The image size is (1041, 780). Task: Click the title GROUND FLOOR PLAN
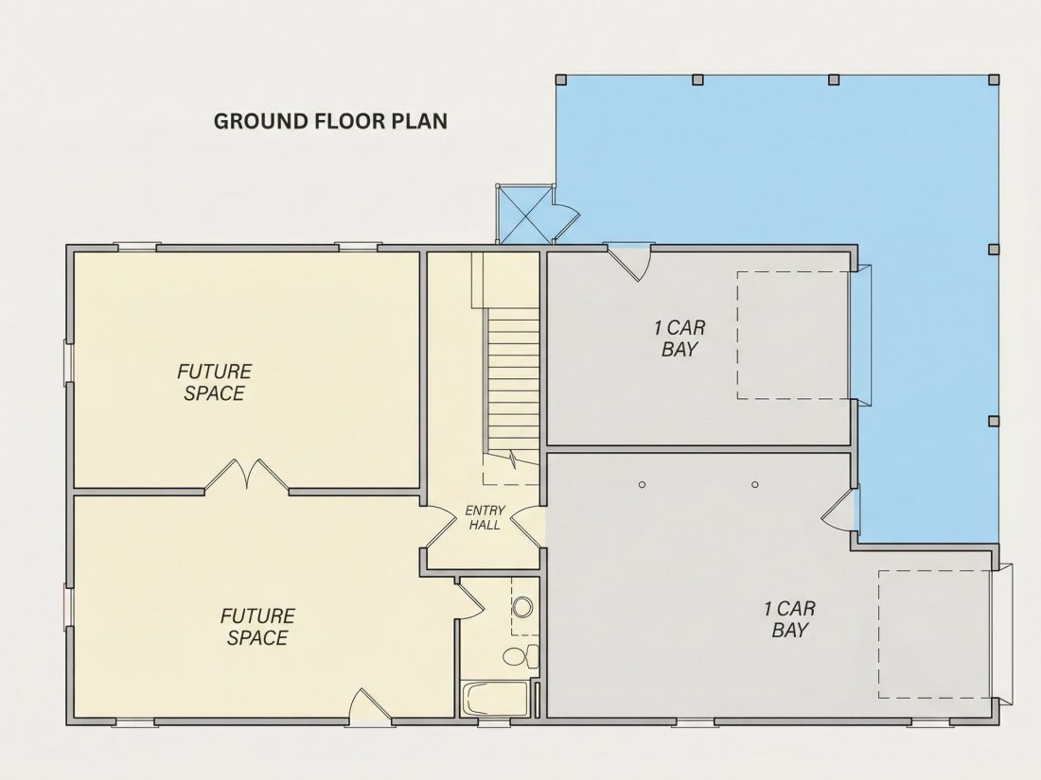330,121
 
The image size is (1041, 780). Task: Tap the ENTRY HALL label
485,517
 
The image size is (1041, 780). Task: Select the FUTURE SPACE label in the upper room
214,382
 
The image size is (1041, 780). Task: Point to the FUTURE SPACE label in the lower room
257,627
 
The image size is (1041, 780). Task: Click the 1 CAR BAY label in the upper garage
679,338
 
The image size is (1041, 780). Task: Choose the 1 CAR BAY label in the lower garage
789,619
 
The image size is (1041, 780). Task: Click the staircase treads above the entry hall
513,385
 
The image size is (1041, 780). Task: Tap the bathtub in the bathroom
495,699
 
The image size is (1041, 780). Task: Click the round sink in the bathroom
523,607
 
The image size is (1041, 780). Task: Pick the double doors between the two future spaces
246,475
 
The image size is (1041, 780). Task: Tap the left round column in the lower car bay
642,485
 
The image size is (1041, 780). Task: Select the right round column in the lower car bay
755,485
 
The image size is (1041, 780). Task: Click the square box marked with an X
524,214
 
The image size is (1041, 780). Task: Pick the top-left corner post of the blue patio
561,79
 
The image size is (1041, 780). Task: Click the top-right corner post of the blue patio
994,79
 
